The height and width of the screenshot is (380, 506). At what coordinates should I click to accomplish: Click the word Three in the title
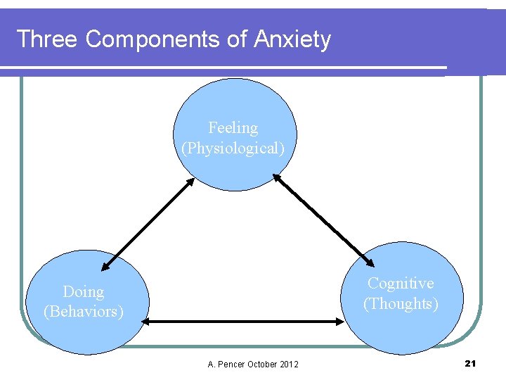[47, 39]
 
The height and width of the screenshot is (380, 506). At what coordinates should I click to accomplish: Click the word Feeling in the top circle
[233, 128]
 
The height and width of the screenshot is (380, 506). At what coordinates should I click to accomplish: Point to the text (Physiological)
[233, 148]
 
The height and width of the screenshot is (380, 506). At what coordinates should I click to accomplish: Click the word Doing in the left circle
[83, 291]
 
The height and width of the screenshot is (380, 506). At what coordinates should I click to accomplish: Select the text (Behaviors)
[84, 311]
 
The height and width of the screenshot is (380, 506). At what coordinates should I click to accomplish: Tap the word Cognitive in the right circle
[401, 283]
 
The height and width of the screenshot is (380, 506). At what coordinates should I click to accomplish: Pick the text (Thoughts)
[401, 303]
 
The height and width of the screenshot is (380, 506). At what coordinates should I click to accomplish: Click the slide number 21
[470, 363]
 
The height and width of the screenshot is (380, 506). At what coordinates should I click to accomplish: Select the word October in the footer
[264, 364]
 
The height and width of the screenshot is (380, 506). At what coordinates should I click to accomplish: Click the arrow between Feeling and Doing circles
[148, 224]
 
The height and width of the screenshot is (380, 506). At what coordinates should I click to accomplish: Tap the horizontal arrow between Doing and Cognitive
[243, 322]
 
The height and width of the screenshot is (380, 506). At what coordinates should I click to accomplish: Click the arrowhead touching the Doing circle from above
[105, 267]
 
